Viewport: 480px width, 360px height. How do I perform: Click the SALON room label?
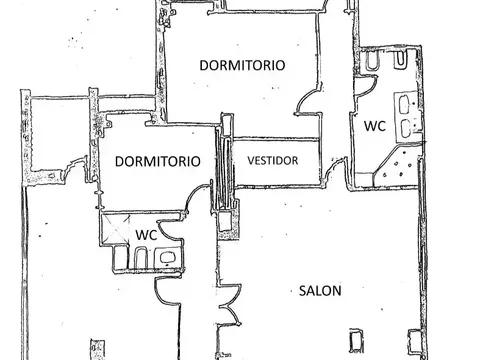click(320, 291)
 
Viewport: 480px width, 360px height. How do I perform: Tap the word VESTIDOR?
click(273, 161)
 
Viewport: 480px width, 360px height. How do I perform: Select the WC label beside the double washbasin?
click(375, 126)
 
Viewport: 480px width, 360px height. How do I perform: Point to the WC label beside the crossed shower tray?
click(146, 235)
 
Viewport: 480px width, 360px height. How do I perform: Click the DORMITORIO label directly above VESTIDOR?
click(242, 65)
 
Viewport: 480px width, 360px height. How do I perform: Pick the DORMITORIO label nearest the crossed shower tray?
click(158, 161)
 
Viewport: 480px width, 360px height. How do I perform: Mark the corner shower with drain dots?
click(396, 166)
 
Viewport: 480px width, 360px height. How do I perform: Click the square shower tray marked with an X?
click(115, 229)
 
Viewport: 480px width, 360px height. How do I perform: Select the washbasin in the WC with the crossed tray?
click(166, 257)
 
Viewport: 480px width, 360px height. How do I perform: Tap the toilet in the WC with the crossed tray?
click(141, 257)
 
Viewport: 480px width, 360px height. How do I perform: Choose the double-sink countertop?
click(406, 117)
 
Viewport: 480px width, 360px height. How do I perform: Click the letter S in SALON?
click(303, 291)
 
